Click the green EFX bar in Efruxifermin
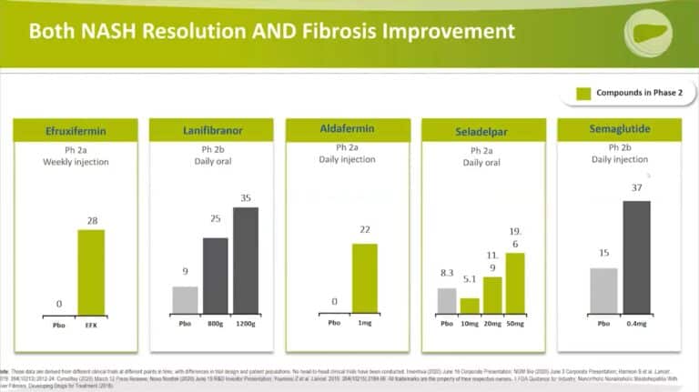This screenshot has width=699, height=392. coord(90,272)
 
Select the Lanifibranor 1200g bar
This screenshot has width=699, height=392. coord(246,260)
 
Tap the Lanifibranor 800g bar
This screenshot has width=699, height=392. coord(216,276)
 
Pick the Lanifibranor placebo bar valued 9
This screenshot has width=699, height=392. coord(186,299)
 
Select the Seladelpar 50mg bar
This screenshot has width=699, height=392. coord(515,283)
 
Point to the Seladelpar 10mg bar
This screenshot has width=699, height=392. coord(470,306)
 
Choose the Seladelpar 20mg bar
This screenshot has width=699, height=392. coord(492,295)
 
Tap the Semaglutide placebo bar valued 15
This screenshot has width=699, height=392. coord(603,290)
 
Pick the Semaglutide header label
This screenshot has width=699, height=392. coord(619,130)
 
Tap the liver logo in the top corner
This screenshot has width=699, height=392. coord(648,34)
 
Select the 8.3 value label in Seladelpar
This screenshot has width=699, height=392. coord(446,273)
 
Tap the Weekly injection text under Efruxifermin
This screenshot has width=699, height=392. coord(76,162)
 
